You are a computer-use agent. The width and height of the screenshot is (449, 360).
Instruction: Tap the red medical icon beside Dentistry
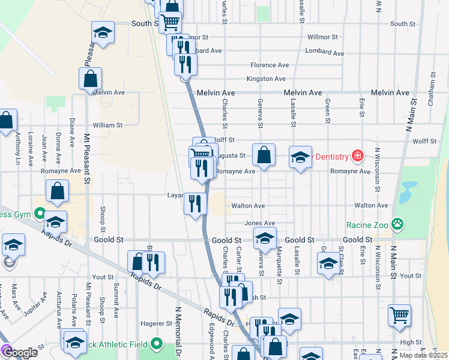pos(358,157)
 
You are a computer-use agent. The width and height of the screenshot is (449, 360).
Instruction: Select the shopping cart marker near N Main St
pos(399,315)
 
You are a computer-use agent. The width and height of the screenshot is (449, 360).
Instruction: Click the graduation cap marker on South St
pos(103,33)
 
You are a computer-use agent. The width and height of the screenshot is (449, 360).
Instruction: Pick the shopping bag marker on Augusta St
pos(264,155)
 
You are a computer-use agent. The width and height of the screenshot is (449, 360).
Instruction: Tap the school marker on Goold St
pos(264,238)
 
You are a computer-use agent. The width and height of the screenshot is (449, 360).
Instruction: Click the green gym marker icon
pos(40,213)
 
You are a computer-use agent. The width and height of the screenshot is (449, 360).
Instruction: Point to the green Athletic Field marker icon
pos(157,344)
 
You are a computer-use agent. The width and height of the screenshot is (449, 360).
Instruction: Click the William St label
pos(107,125)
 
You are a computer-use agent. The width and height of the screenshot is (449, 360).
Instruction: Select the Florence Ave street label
pos(270,65)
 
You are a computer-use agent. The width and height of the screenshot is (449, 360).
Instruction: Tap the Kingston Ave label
pos(266,79)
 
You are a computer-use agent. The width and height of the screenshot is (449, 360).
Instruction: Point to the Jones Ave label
pos(259,223)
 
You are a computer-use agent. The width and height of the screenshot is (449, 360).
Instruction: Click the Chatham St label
pos(431,90)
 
